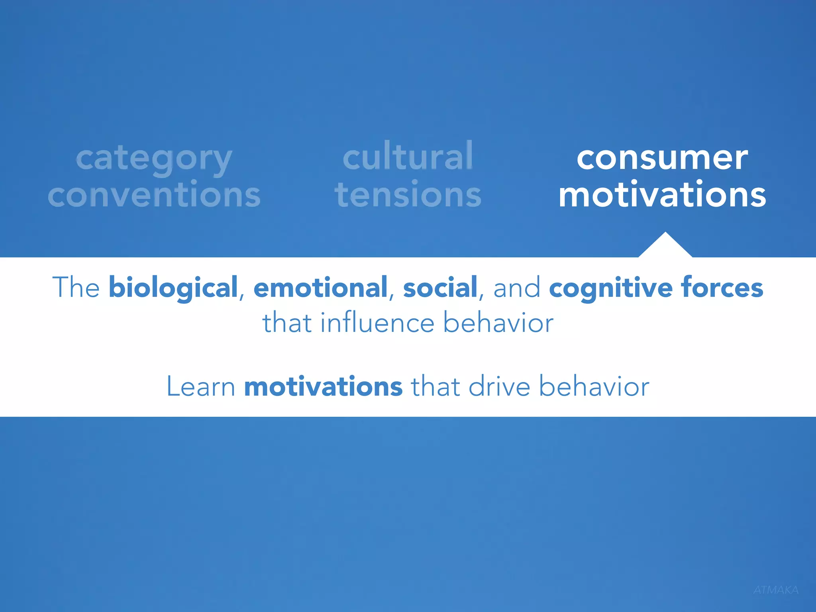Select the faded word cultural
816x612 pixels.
408,156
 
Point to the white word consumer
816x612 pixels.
662,158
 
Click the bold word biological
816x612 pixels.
173,288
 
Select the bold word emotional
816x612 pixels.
320,288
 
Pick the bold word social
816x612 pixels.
440,288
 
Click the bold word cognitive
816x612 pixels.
611,288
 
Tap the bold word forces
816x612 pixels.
722,288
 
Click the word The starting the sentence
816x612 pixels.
76,288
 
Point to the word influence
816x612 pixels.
377,323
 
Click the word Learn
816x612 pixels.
201,386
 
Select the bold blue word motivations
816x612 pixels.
323,386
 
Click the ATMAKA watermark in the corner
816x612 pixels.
776,590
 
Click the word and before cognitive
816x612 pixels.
517,288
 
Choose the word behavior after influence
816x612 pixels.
498,323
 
